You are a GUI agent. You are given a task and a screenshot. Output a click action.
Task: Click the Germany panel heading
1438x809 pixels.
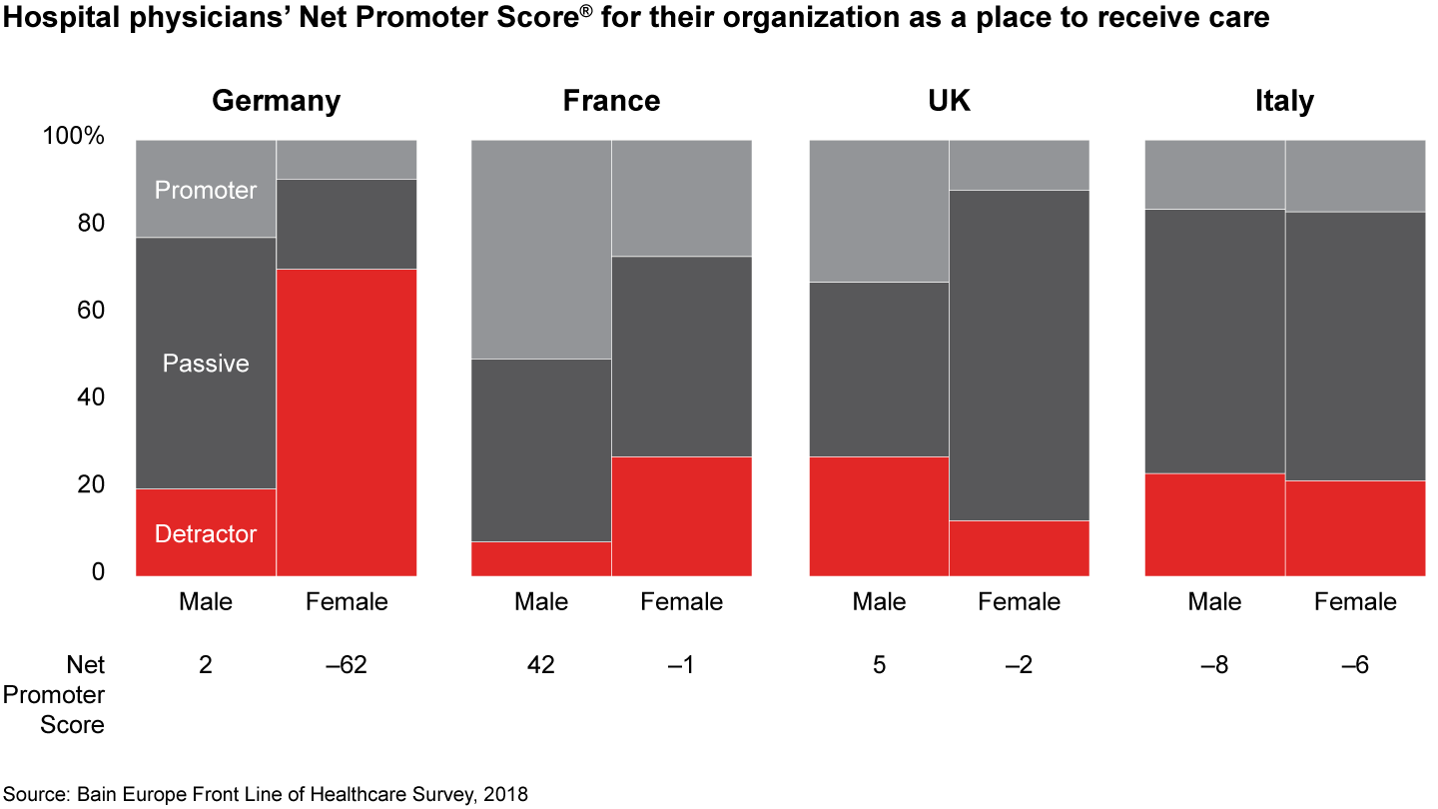click(277, 101)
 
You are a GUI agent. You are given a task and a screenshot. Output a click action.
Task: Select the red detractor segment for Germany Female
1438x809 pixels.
click(347, 421)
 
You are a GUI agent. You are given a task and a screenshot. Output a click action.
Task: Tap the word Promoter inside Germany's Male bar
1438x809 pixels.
click(206, 190)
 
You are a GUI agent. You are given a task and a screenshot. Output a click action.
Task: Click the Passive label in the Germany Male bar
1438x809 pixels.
click(206, 363)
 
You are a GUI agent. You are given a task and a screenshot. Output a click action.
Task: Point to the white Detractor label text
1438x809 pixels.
click(206, 533)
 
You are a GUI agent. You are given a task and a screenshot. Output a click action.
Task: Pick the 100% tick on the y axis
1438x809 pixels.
click(73, 136)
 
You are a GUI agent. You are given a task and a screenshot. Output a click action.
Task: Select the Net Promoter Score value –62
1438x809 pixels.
click(347, 664)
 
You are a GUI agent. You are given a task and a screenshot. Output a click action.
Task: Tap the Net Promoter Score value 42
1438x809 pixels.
click(541, 664)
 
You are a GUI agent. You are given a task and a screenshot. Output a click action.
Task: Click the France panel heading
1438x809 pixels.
click(611, 101)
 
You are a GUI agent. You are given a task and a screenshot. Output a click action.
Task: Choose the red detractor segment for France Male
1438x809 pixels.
click(541, 558)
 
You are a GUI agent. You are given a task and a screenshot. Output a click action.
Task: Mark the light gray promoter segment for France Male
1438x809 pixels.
click(541, 249)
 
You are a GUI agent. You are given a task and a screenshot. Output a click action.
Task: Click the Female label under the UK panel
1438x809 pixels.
click(1019, 601)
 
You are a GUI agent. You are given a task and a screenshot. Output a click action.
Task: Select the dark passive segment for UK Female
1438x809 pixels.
click(1019, 355)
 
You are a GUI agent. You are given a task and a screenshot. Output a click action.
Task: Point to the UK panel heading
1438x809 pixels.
click(949, 101)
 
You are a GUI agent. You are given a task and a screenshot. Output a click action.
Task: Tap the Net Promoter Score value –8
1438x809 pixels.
click(1214, 664)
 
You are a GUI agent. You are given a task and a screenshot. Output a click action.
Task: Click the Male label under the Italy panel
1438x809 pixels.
click(1214, 601)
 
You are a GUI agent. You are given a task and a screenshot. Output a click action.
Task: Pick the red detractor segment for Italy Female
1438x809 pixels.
click(1355, 527)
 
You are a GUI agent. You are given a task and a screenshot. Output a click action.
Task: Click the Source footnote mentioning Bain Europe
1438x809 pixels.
click(265, 794)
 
